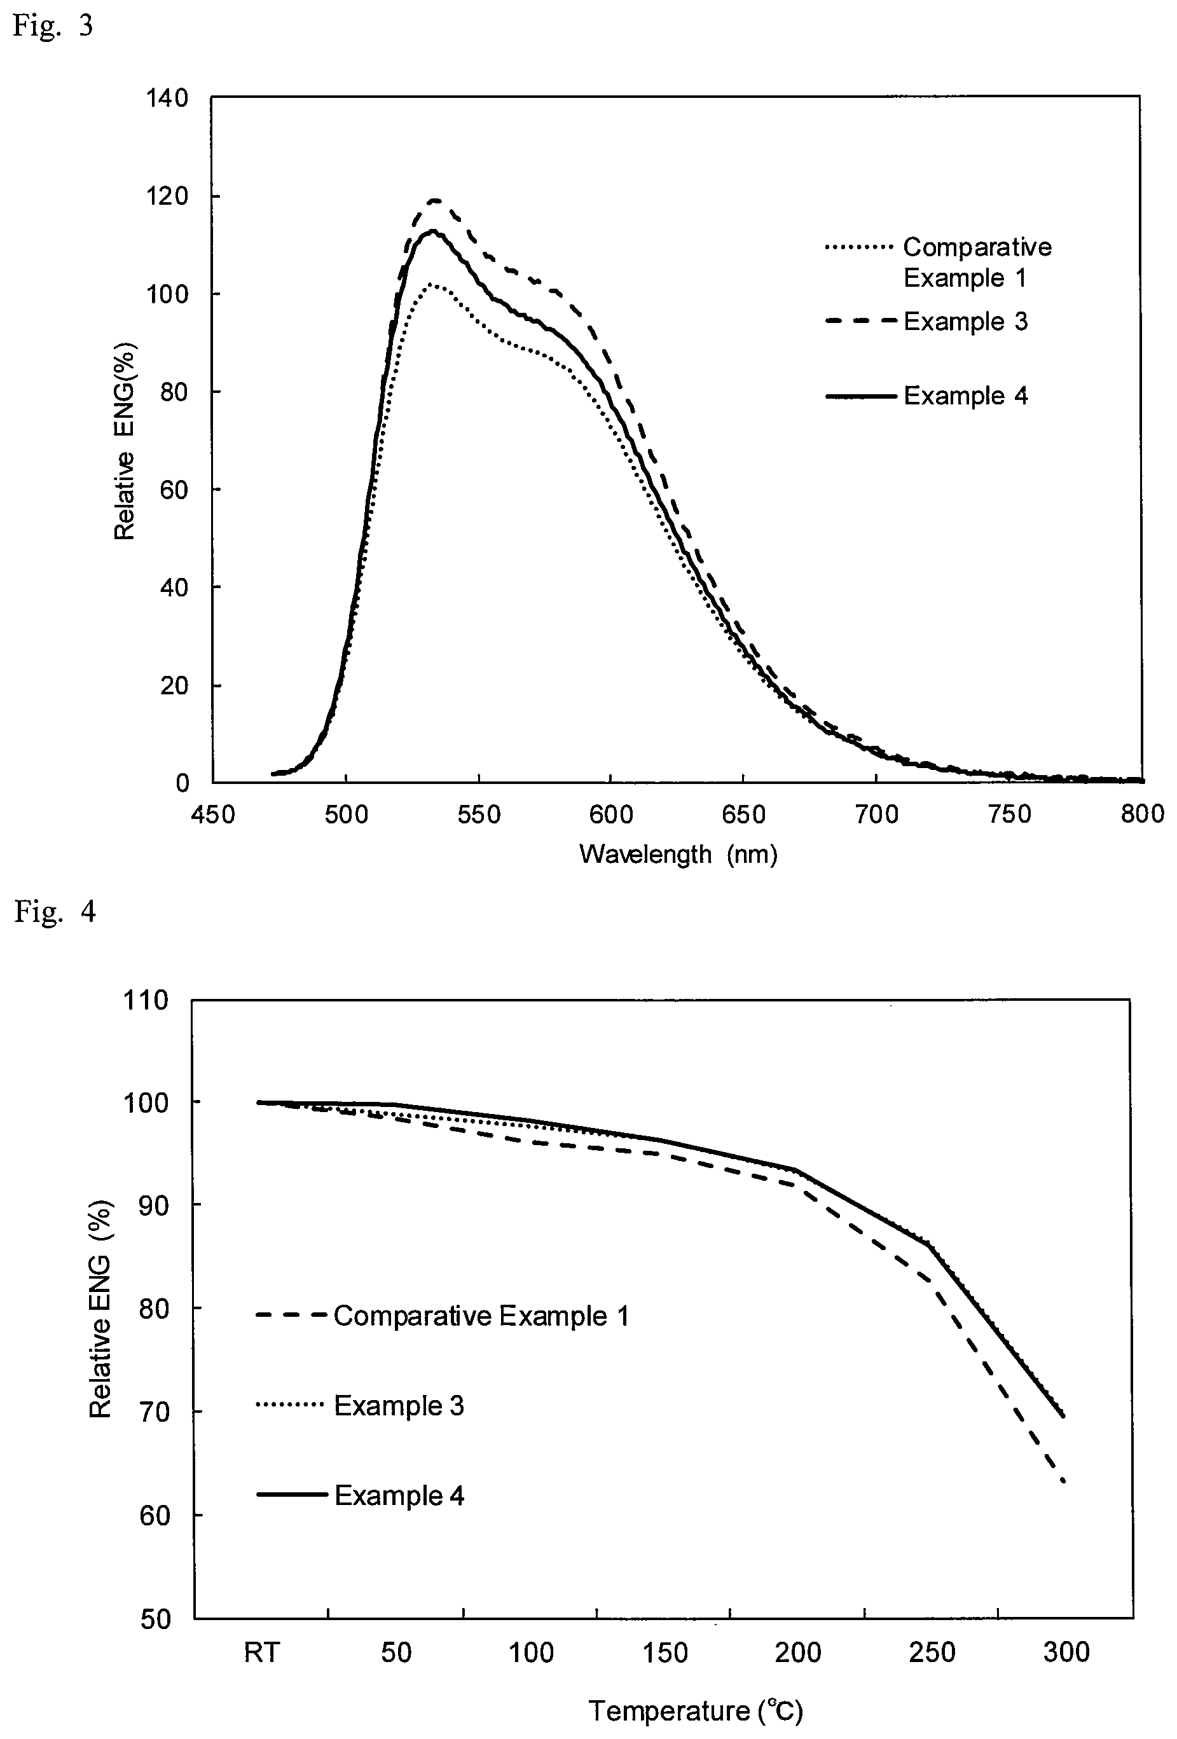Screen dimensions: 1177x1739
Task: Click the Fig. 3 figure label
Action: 53,25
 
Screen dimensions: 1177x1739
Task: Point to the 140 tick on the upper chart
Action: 168,98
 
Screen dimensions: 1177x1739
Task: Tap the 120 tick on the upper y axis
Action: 168,196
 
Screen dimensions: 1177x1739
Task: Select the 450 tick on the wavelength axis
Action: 213,813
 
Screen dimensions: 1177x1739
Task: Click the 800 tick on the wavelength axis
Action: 1143,813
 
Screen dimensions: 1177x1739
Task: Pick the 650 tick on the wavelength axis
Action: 744,813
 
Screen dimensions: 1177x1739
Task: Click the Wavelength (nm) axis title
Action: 678,854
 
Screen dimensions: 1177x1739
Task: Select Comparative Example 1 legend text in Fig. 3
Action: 977,262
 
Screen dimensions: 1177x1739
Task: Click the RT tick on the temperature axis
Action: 262,1651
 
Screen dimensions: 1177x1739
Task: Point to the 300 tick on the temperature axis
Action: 1066,1651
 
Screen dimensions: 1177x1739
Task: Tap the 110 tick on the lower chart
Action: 148,1000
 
